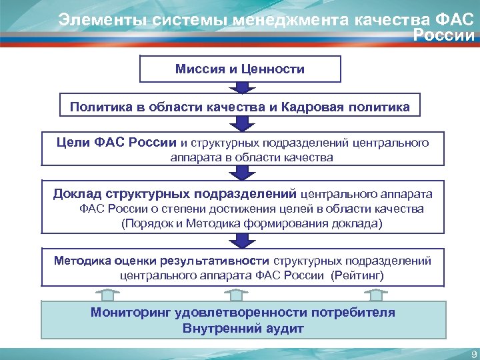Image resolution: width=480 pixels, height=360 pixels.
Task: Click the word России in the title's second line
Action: [445, 35]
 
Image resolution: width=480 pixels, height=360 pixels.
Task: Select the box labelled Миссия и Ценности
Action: [240, 69]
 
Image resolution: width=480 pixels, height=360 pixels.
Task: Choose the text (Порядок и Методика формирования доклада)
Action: [251, 223]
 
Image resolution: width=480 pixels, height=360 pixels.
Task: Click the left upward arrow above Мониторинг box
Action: [107, 294]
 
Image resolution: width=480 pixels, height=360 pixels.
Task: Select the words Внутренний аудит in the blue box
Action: [243, 328]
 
